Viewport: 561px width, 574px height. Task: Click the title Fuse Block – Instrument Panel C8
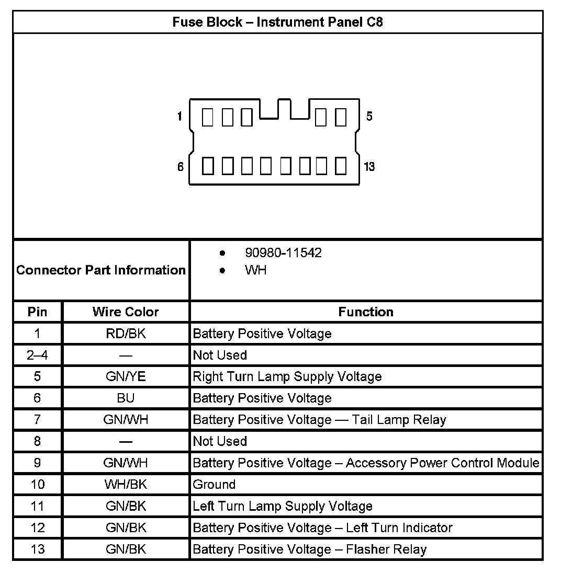[x=277, y=22]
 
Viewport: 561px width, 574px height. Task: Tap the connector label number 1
[x=179, y=116]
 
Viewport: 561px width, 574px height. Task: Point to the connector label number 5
[x=369, y=116]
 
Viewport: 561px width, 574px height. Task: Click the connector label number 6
[x=180, y=167]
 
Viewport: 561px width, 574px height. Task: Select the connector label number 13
[x=369, y=167]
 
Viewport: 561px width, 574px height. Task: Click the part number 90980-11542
[x=283, y=253]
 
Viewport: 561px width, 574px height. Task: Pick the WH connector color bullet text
[x=255, y=270]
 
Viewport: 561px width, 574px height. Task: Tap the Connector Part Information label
[x=101, y=270]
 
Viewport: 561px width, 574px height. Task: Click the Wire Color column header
[x=126, y=312]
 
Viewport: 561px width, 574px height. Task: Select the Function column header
[x=366, y=312]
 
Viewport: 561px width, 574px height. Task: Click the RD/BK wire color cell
[x=126, y=334]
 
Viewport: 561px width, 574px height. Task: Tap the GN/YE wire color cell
[x=126, y=376]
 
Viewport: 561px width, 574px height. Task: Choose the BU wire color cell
[x=126, y=398]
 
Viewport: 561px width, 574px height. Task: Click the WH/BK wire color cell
[x=126, y=484]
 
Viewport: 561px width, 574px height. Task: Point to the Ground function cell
[x=214, y=484]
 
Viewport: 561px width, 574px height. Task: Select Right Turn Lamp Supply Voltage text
[x=287, y=376]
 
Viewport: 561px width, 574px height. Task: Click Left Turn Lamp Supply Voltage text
[x=283, y=506]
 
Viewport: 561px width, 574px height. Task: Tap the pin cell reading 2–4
[x=37, y=355]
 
